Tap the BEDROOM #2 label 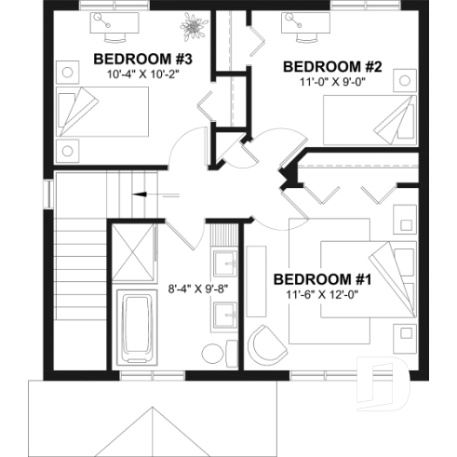coord(319,66)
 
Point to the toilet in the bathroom coord(213,354)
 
